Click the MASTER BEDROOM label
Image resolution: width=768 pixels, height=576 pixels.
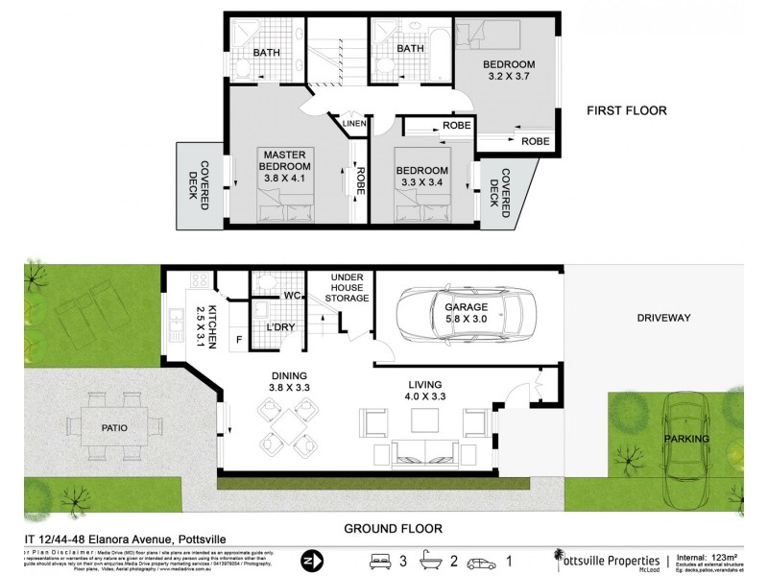[285, 166]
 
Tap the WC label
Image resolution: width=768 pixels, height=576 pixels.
[292, 297]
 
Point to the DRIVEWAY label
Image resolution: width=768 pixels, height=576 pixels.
[663, 318]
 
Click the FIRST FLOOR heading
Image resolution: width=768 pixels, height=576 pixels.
[626, 111]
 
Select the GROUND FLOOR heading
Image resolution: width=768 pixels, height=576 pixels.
[395, 528]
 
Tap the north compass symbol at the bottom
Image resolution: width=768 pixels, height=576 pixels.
[309, 559]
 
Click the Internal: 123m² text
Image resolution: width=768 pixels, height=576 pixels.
[708, 556]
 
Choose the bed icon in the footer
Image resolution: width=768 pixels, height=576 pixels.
[378, 559]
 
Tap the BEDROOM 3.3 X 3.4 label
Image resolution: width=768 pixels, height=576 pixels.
[423, 179]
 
